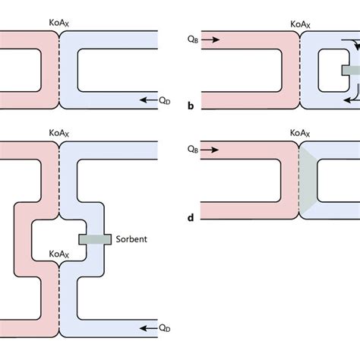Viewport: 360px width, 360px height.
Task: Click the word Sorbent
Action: click(132, 238)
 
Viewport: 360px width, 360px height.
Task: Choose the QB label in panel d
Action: click(192, 150)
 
